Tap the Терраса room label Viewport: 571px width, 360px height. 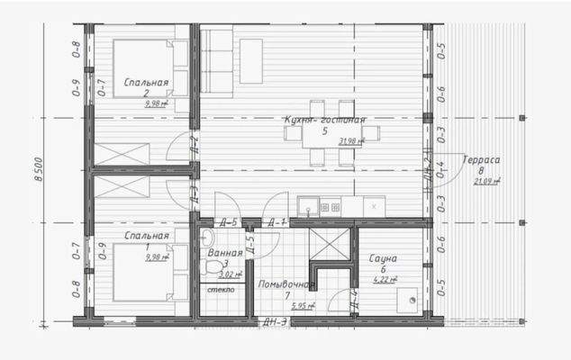[x=482, y=158]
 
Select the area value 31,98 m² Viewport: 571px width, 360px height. [x=350, y=141]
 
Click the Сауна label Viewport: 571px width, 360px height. [x=385, y=258]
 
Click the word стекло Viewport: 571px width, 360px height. [x=221, y=290]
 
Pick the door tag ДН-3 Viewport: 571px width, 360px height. [x=275, y=321]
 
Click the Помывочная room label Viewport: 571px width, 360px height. [x=285, y=284]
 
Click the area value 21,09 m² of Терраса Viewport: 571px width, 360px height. [x=487, y=180]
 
